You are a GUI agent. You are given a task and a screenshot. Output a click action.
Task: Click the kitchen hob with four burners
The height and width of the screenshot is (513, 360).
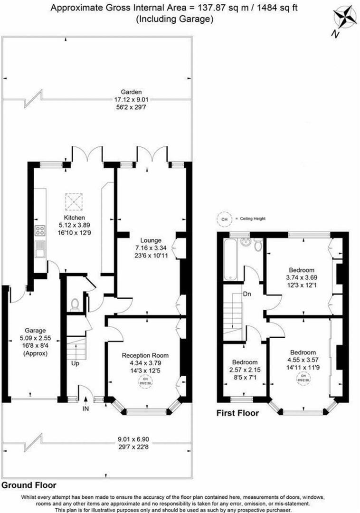pos(40,232)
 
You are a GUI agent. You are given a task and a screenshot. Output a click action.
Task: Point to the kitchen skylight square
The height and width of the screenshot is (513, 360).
pos(74,202)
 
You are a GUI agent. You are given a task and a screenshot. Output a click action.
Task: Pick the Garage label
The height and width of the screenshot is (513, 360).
pos(35,331)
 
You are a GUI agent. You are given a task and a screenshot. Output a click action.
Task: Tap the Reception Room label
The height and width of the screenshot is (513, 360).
pos(145,355)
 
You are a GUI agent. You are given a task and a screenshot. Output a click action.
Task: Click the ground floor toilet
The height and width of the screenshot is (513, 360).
pos(74,304)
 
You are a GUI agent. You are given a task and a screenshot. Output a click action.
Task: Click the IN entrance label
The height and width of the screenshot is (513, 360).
pos(85,408)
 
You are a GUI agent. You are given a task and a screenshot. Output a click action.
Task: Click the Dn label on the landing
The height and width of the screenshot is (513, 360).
pos(247,294)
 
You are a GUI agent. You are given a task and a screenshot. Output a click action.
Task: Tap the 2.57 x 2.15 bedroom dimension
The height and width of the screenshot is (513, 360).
pos(245,369)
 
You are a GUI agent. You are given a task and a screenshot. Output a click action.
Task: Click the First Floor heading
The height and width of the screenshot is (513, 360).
pos(237,413)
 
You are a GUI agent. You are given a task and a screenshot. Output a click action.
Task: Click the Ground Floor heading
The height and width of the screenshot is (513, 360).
pos(28,485)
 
